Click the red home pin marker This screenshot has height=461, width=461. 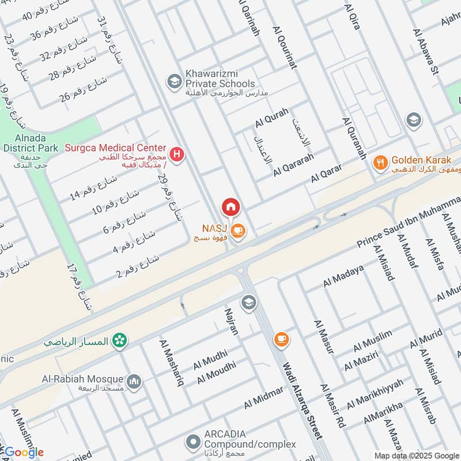tap(231, 207)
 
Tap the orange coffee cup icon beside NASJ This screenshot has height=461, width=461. tap(239, 232)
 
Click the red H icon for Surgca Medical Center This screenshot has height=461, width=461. tap(178, 154)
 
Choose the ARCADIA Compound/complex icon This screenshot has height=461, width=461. tap(192, 443)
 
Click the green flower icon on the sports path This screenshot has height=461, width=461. tap(119, 340)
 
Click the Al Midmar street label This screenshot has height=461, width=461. tap(263, 398)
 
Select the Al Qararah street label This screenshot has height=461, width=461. tap(293, 164)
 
